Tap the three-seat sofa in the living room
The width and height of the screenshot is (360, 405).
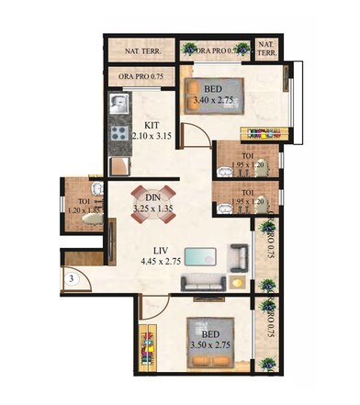tap(202, 280)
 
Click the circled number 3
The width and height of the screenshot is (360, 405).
tap(71, 278)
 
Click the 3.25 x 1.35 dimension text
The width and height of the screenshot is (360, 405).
tap(153, 209)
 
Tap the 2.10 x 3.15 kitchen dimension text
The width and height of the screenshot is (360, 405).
tap(153, 136)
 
